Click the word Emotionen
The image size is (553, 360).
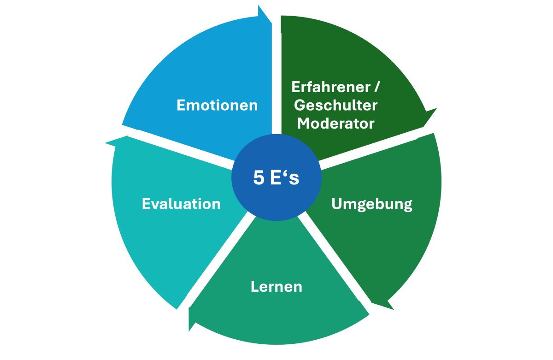point(217,105)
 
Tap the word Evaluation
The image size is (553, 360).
point(181,204)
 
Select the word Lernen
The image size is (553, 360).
point(276,286)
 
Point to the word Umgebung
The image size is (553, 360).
point(371,204)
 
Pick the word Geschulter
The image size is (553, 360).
point(335,105)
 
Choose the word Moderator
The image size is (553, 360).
point(335,124)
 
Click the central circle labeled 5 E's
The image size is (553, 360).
point(276,178)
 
